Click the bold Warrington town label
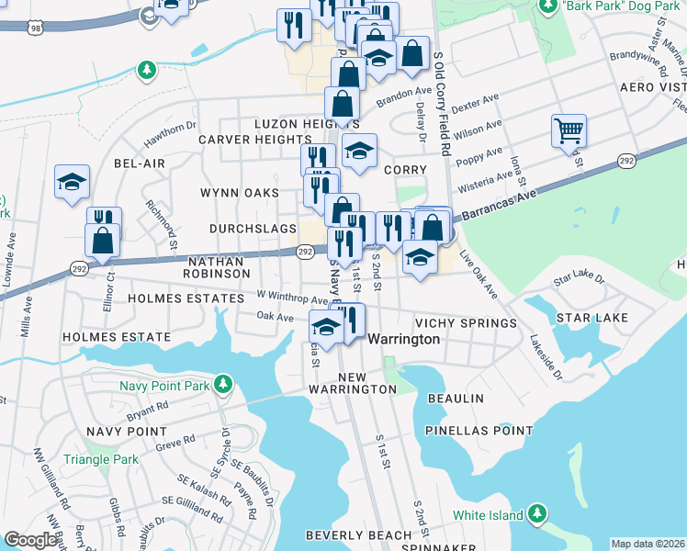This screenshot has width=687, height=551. (403, 339)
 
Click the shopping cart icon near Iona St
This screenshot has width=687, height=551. (569, 130)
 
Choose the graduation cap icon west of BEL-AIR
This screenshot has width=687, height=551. (72, 182)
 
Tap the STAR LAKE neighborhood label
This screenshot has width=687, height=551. (592, 318)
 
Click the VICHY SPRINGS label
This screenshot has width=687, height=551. (466, 324)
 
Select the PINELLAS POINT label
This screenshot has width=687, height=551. (479, 431)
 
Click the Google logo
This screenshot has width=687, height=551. (30, 540)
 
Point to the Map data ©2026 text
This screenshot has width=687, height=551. (648, 544)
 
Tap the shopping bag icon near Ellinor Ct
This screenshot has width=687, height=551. (102, 240)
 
